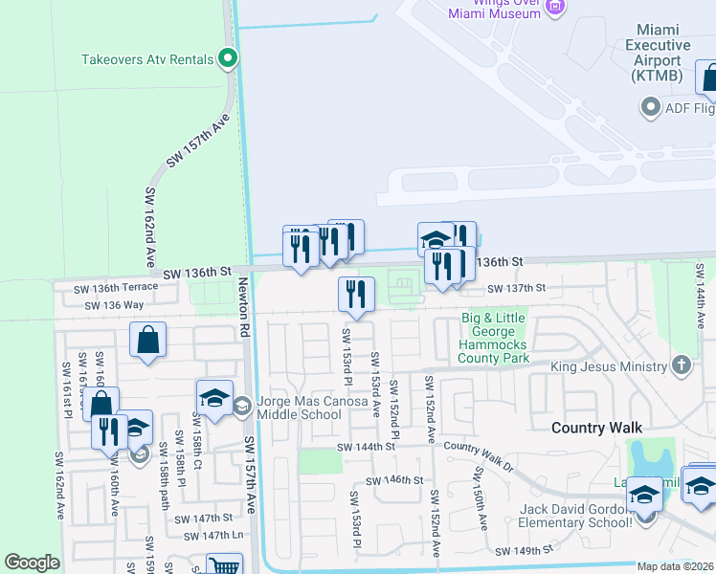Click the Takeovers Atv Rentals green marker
pyautogui.click(x=228, y=59)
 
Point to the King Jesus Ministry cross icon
pyautogui.click(x=681, y=365)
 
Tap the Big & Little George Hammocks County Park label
pyautogui.click(x=493, y=338)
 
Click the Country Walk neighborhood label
pyautogui.click(x=595, y=428)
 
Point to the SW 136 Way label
pyautogui.click(x=114, y=305)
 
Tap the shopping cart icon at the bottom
pyautogui.click(x=223, y=566)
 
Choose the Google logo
pyautogui.click(x=32, y=563)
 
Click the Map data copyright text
pyautogui.click(x=676, y=566)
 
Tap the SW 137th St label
pyautogui.click(x=516, y=288)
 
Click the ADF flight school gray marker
pyautogui.click(x=651, y=107)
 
